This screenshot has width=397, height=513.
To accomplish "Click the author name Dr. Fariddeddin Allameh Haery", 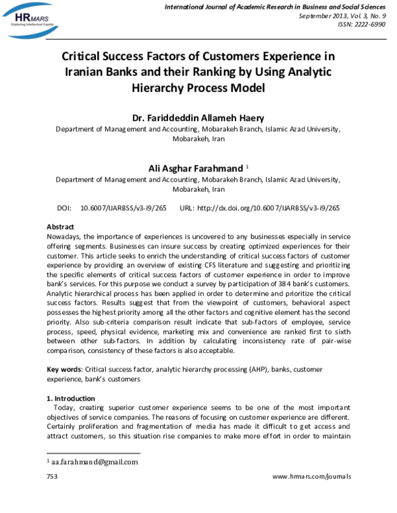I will (197, 118).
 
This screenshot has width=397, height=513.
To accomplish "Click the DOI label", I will (65, 208).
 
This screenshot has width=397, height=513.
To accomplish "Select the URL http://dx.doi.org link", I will (268, 208).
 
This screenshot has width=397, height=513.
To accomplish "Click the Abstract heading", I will (60, 226).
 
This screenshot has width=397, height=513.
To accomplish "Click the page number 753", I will (52, 476).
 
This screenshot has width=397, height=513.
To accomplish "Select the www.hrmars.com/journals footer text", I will (312, 476).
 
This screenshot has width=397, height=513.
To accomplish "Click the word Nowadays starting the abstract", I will (66, 235).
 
